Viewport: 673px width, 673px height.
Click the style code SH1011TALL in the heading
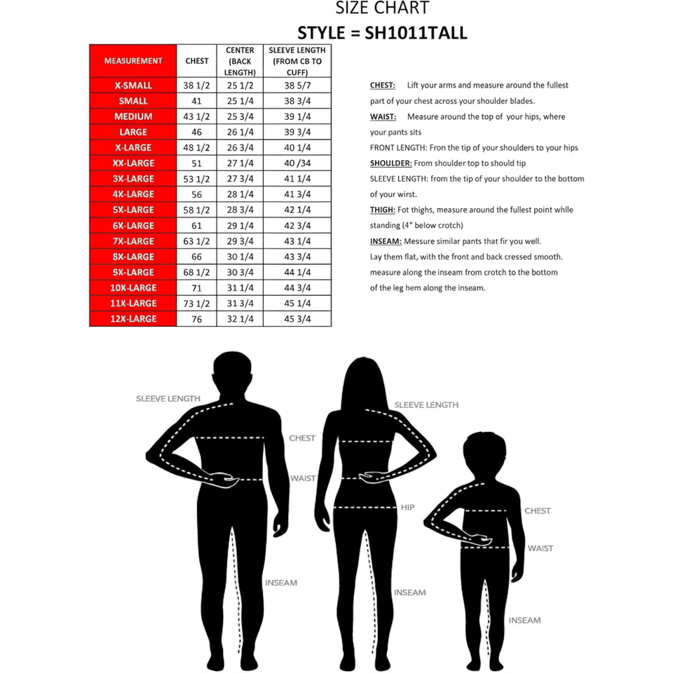pos(416,33)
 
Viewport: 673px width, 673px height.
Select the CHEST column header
pos(197,61)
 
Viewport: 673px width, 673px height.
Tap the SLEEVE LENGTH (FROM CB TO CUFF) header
pos(297,61)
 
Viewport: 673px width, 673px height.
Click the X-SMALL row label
pos(133,86)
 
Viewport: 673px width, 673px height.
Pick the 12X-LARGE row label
pos(133,319)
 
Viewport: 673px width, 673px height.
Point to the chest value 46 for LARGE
pos(197,132)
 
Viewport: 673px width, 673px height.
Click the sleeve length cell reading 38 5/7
pos(297,86)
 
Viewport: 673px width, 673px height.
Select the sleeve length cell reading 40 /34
pos(297,163)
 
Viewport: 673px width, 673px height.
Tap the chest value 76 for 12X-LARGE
pos(197,319)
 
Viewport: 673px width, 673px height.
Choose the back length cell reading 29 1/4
pos(240,226)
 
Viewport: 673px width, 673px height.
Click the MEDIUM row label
pos(133,116)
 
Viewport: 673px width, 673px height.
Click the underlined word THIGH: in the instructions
pos(382,210)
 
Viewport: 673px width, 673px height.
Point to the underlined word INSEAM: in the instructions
pos(386,241)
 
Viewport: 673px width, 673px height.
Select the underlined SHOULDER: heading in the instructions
pos(390,163)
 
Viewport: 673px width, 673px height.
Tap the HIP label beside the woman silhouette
pos(407,507)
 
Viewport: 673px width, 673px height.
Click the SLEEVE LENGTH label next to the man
pos(168,398)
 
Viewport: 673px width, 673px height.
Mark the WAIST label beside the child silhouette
pos(540,548)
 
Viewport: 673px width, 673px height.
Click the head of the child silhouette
pos(484,454)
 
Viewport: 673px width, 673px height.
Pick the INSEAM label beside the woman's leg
pos(409,592)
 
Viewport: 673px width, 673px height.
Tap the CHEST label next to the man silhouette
pos(302,438)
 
